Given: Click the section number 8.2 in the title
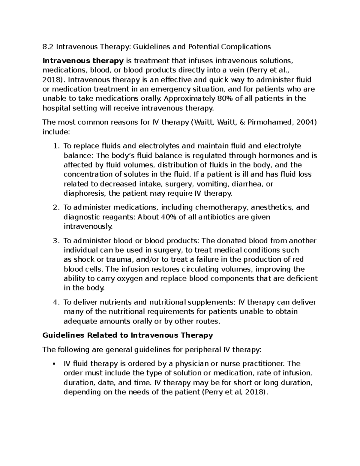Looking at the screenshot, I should pos(48,47).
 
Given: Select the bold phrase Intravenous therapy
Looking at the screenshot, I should pos(83,61).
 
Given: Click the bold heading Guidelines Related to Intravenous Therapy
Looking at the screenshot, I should pos(128,335).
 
